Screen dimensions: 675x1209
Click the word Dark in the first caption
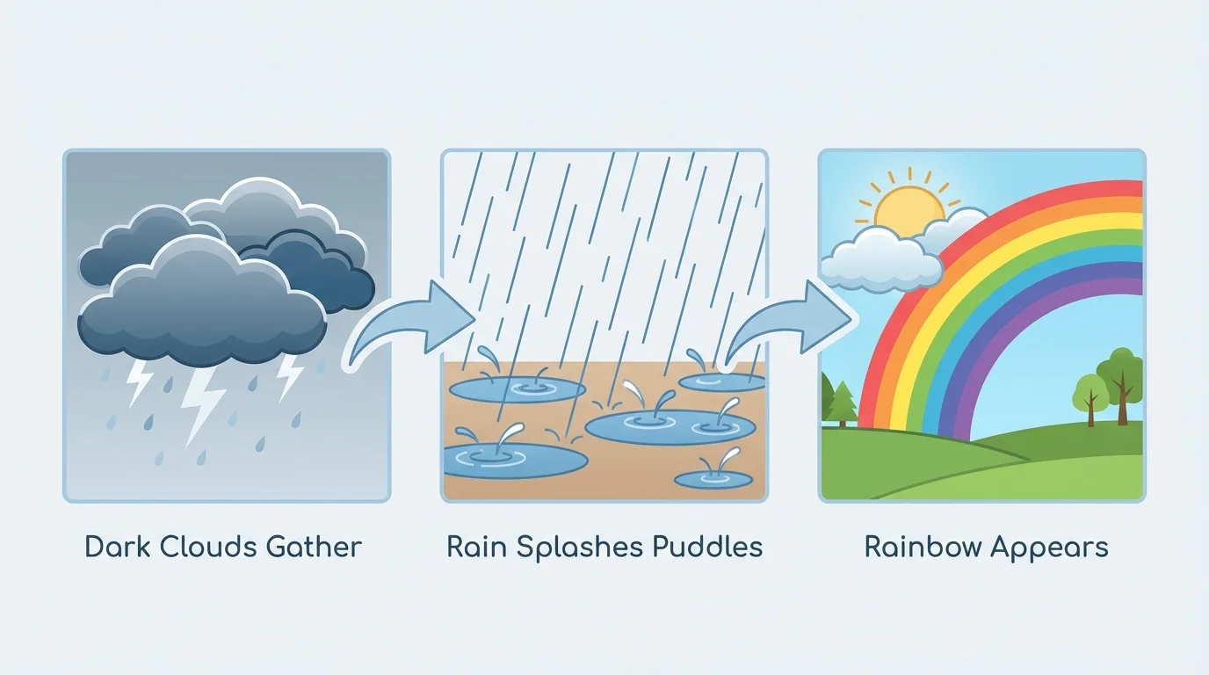[x=117, y=548]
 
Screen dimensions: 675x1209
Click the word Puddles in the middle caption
[x=707, y=548]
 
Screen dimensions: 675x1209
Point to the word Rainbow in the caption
[x=922, y=548]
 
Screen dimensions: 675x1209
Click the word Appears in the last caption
[x=1049, y=548]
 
